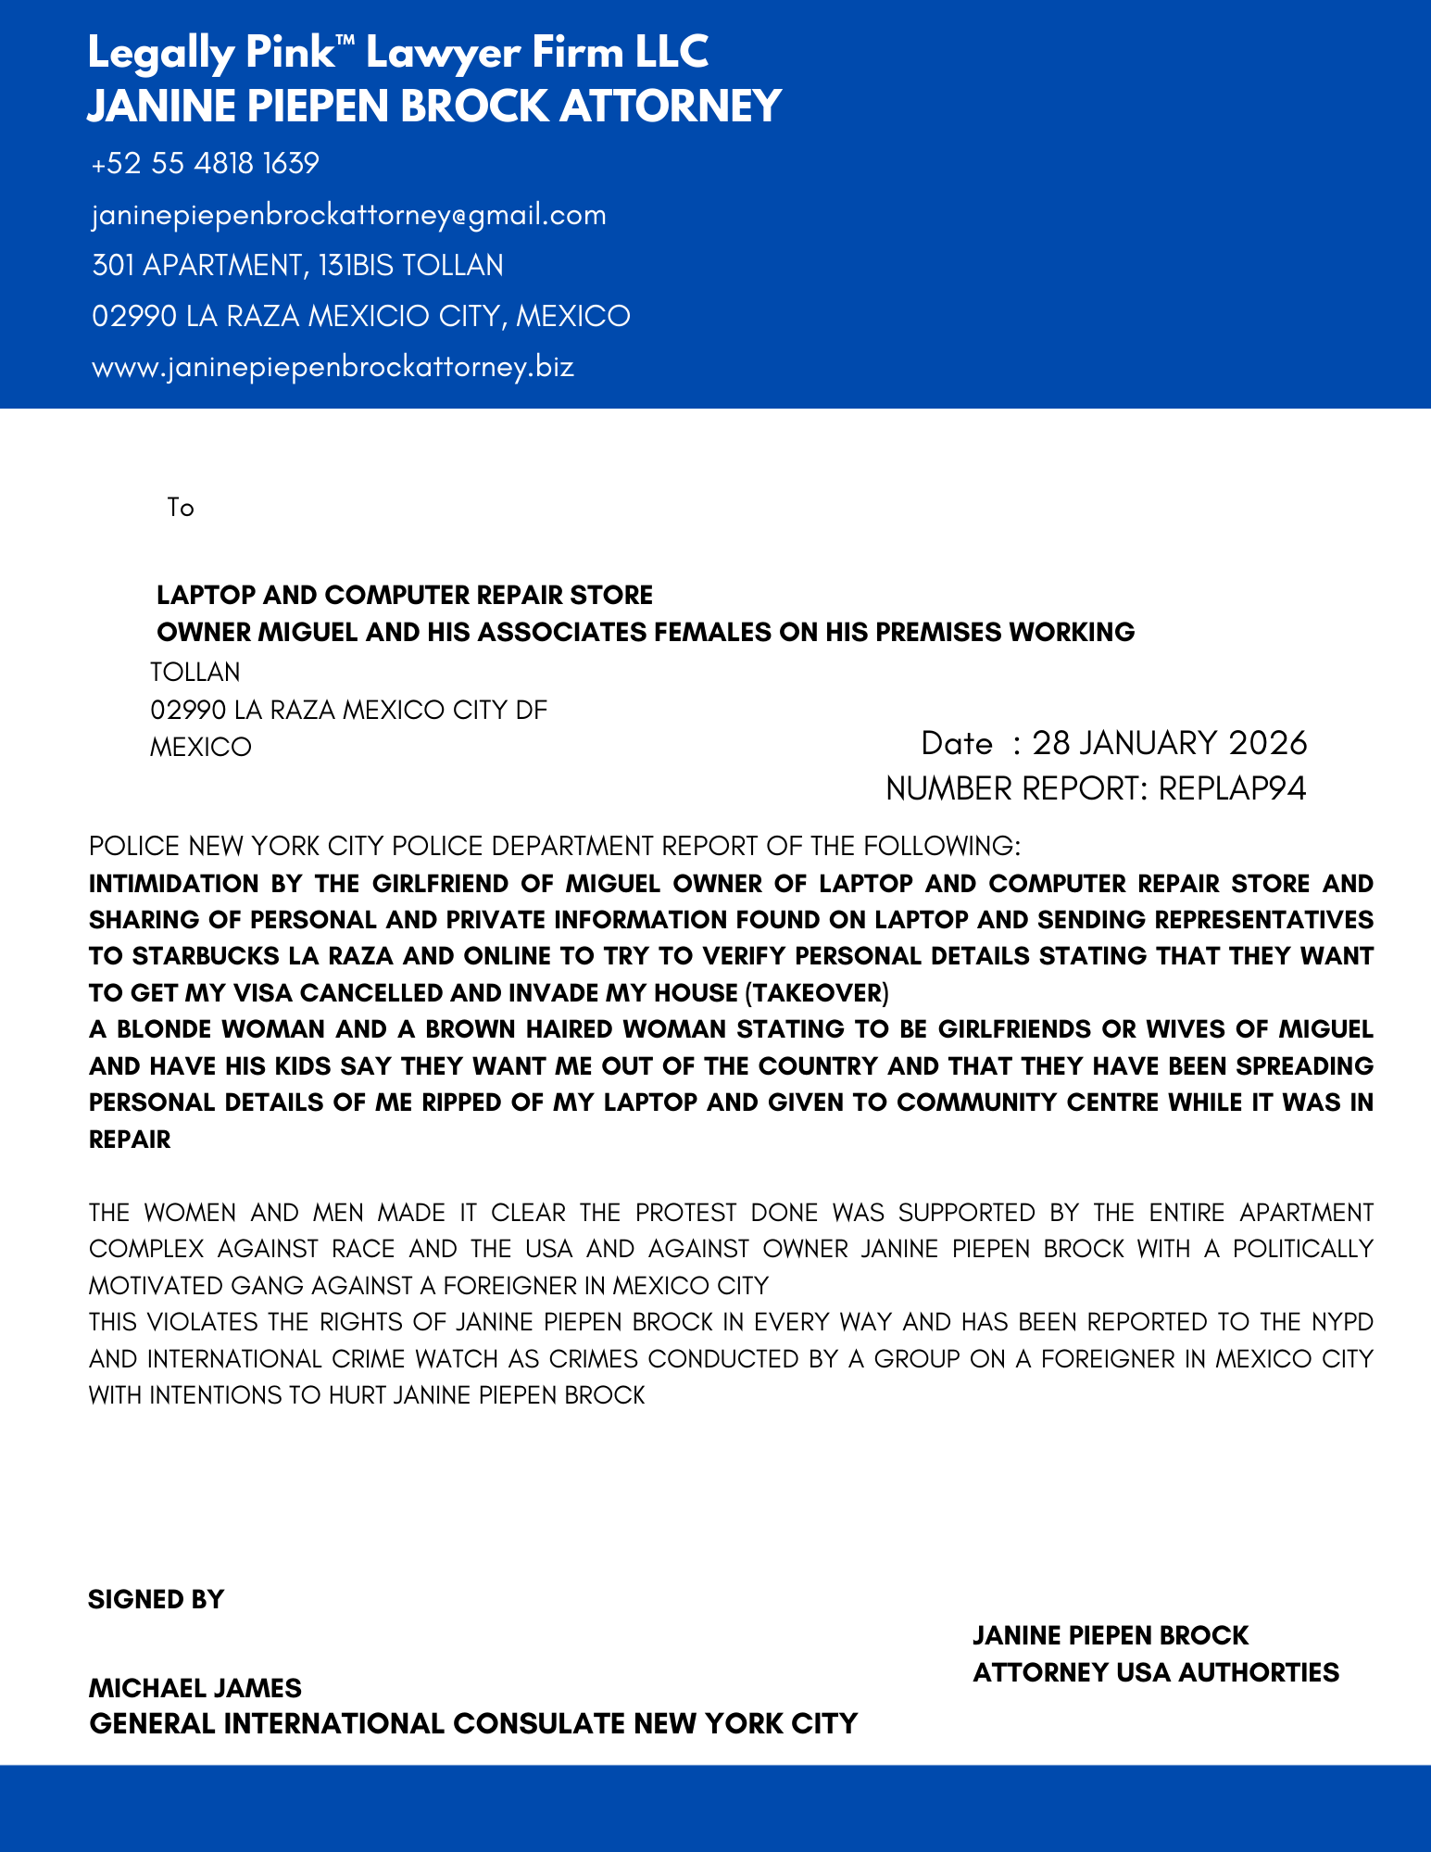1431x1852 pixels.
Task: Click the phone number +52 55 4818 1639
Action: point(205,164)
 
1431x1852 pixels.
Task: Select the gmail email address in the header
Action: point(348,215)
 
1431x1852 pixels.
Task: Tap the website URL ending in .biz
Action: point(333,367)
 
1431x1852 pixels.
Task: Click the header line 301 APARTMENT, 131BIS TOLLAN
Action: point(297,266)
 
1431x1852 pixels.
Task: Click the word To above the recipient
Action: point(181,508)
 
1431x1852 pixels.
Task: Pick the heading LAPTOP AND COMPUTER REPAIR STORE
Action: point(405,595)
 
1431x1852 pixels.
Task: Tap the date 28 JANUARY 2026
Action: point(1169,743)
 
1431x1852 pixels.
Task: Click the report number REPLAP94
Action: point(1232,788)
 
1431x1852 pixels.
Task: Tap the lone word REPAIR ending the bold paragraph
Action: point(130,1140)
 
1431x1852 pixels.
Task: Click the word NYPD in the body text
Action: point(1342,1322)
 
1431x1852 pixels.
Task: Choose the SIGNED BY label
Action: point(156,1600)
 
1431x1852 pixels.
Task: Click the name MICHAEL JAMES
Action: point(195,1688)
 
